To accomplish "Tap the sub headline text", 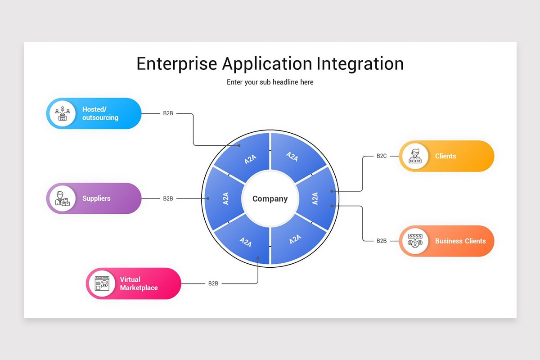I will coord(270,82).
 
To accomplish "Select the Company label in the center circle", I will coord(270,198).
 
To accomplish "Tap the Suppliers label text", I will coord(96,198).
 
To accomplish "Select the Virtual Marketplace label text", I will coord(139,283).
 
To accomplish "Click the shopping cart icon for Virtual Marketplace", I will coord(102,283).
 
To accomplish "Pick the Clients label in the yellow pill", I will coord(445,156).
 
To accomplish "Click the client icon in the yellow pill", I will coord(415,156).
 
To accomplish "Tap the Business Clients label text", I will coord(460,241).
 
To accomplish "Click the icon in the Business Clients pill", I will coord(415,241).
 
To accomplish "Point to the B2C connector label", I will coord(382,156).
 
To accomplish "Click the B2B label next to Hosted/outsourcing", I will coord(168,113).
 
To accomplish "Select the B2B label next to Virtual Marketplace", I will coord(213,283).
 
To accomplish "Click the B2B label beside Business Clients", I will coord(382,241).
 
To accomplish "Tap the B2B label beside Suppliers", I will coord(168,198).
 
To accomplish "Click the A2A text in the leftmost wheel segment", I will coord(226,198).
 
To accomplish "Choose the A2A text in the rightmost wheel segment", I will coord(315,198).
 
